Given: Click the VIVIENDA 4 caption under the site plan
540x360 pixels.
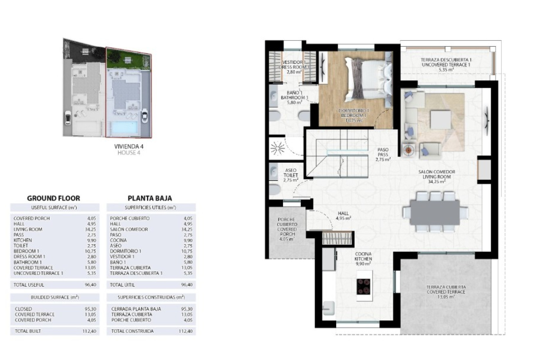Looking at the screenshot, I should pos(129,147).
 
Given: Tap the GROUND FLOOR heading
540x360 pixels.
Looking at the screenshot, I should pos(53,198).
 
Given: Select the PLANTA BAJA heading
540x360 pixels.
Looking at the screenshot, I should pos(150,198).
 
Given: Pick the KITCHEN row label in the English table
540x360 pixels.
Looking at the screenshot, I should pos(23,240).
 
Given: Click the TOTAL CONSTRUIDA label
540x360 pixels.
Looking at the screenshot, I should pos(132,331).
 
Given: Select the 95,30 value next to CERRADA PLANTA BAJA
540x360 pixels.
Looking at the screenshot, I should pos(187,309).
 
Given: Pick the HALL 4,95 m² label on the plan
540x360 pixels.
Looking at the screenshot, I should pos(343,215).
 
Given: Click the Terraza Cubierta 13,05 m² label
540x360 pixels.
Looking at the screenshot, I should pos(446,292).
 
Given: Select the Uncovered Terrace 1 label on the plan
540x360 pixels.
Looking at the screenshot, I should pos(446,64).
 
